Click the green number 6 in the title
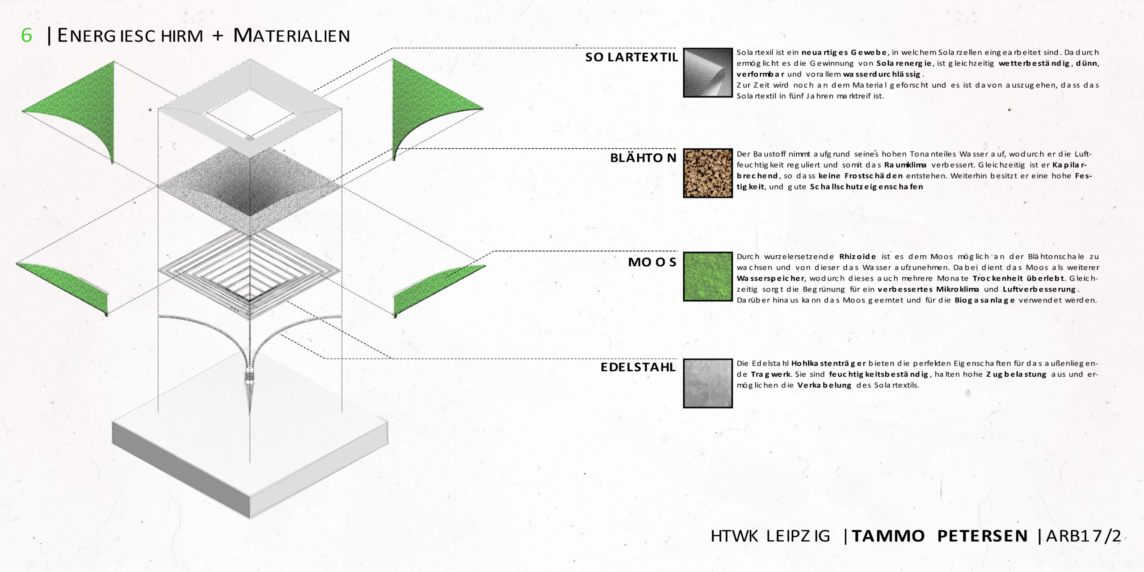coord(27,35)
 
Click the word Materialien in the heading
coord(291,35)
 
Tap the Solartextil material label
coord(631,57)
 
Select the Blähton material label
coord(643,158)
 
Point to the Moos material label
coord(652,262)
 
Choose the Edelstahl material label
coord(638,367)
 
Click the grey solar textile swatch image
coord(708,72)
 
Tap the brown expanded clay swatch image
coord(708,173)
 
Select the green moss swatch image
coord(708,277)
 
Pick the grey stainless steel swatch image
coord(708,383)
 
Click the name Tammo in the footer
coord(888,536)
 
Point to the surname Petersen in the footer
coord(983,536)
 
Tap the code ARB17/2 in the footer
coord(1084,536)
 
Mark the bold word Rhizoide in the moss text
coord(858,257)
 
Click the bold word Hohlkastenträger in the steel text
coord(829,364)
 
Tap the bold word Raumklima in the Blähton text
coord(905,165)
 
